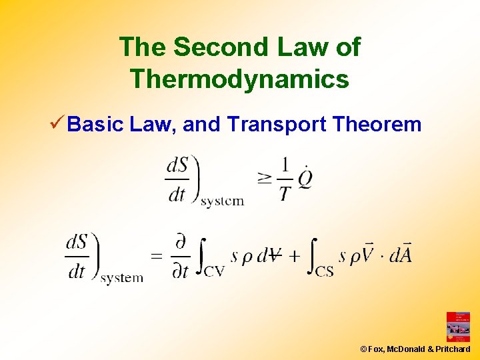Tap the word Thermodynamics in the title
[240, 79]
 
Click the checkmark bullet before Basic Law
[57, 123]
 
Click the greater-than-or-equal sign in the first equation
[265, 178]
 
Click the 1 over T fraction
[285, 179]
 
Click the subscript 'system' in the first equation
[222, 201]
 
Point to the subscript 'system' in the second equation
[121, 278]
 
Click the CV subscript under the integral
[214, 271]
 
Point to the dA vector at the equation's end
[400, 254]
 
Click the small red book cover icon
[458, 327]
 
